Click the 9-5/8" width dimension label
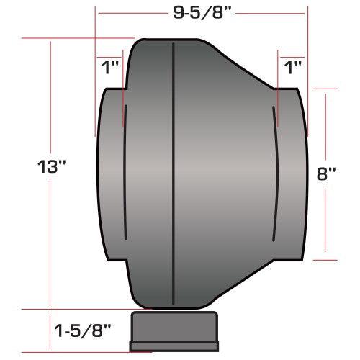click(202, 13)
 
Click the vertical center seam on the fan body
click(174, 173)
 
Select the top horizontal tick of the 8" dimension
click(326, 89)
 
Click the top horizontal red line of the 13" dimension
click(79, 37)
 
